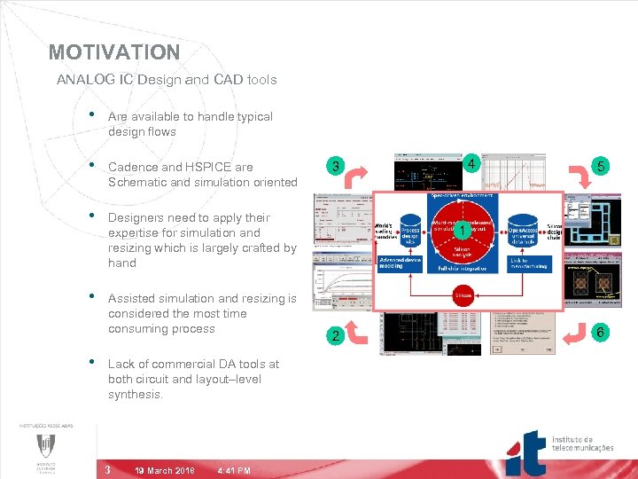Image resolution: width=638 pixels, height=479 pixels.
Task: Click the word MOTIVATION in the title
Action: (114, 52)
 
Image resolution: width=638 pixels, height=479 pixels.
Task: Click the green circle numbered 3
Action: (335, 166)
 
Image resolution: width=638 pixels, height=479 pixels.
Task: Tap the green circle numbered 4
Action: (473, 163)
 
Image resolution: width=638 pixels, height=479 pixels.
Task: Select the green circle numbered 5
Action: (602, 166)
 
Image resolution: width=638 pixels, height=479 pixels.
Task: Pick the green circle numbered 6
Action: (601, 332)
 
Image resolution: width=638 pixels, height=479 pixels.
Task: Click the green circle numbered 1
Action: (463, 232)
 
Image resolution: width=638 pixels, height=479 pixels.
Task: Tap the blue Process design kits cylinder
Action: (409, 232)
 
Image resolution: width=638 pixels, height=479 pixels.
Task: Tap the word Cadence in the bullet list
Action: (133, 167)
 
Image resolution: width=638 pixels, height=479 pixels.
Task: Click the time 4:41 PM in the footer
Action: (234, 470)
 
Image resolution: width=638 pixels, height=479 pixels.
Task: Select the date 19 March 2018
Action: (166, 470)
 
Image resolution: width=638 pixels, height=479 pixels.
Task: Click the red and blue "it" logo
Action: (530, 453)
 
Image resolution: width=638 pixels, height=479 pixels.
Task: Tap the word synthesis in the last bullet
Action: (135, 394)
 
